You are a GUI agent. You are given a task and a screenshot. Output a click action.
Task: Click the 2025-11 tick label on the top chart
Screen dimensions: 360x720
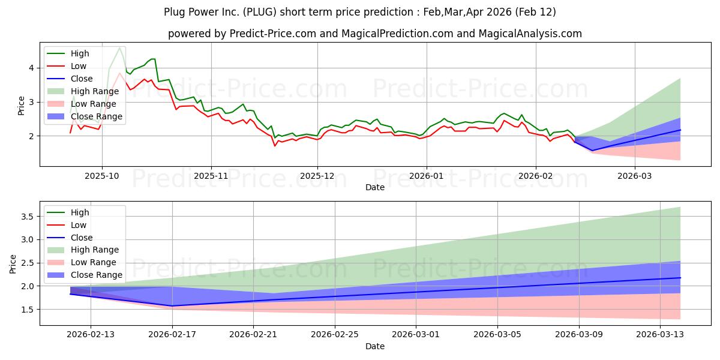211,175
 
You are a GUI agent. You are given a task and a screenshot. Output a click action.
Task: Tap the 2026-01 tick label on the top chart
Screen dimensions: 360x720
426,175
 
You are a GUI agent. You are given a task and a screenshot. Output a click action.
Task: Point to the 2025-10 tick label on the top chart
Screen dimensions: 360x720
102,175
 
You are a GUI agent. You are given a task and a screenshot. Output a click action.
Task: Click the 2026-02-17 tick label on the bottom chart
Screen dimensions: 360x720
172,335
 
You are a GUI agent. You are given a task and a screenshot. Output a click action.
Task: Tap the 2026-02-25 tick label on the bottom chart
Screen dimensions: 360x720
335,335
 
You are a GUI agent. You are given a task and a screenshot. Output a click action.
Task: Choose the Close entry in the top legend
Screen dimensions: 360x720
82,79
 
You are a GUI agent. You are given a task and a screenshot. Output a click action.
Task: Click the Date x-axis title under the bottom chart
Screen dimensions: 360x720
375,346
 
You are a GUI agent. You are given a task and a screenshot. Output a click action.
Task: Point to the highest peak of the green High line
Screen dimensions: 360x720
120,48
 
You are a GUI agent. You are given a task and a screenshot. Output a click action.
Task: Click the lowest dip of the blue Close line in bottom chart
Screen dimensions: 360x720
172,306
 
